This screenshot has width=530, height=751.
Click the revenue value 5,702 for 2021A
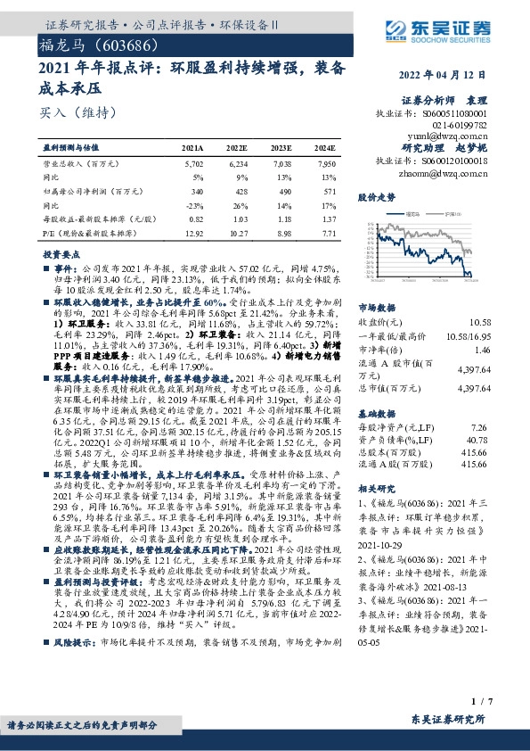tap(192, 164)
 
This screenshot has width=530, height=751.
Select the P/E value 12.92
tap(192, 231)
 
